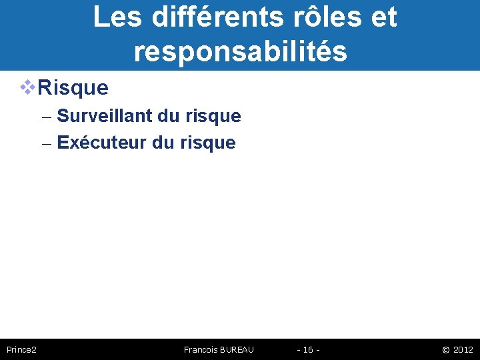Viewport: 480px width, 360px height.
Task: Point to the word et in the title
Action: [383, 17]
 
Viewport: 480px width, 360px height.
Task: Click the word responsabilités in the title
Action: [240, 51]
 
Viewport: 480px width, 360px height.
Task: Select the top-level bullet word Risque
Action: [73, 87]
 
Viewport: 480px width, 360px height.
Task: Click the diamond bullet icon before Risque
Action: [27, 87]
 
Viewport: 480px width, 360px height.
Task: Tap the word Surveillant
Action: [105, 116]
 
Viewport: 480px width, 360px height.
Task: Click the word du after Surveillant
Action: [169, 116]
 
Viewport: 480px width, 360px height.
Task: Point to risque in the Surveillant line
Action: [213, 117]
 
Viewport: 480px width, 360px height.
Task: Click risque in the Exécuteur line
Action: [207, 143]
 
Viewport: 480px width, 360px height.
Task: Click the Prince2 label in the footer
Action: [21, 349]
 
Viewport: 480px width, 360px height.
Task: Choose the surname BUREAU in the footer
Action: [237, 349]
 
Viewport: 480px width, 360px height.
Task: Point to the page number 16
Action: [308, 349]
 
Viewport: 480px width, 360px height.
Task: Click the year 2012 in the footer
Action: [463, 349]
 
